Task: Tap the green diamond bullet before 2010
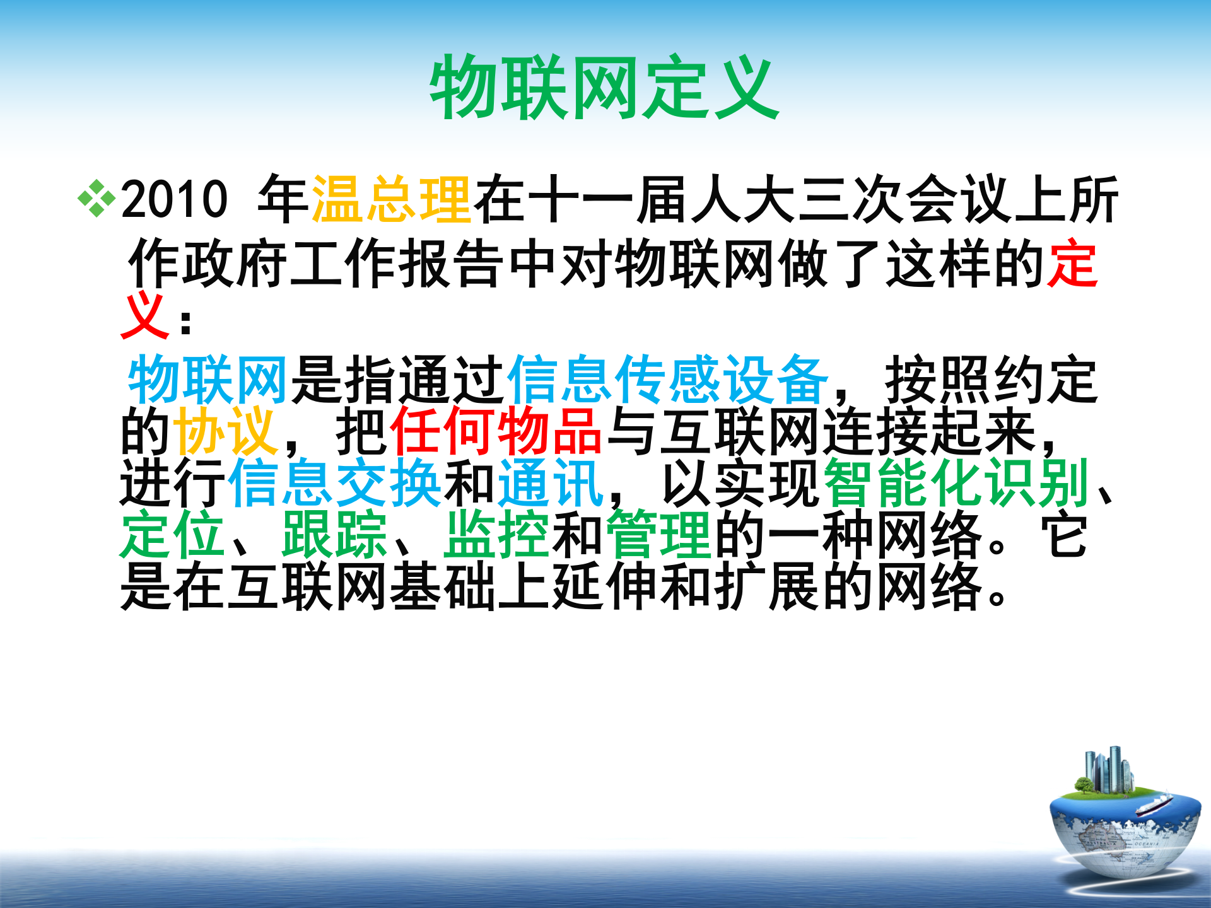(x=97, y=199)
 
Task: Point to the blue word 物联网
(x=208, y=379)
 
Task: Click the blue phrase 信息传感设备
(x=667, y=379)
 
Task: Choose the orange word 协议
(x=226, y=431)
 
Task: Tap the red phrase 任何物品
(x=496, y=431)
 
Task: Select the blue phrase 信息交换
(x=334, y=484)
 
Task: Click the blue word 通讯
(x=551, y=484)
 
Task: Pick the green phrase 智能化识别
(x=956, y=484)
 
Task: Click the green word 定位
(x=172, y=535)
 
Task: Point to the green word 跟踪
(x=334, y=535)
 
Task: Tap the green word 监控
(x=496, y=535)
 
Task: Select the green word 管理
(x=658, y=535)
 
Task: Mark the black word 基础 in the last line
(x=442, y=587)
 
